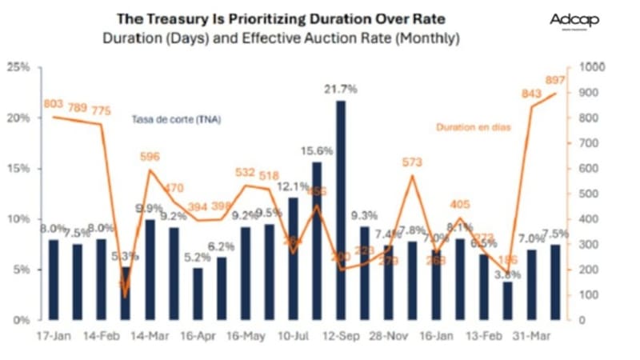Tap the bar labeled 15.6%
[x=317, y=240]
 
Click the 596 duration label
[x=149, y=158]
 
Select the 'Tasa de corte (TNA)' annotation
[x=176, y=120]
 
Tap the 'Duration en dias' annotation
[x=474, y=126]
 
